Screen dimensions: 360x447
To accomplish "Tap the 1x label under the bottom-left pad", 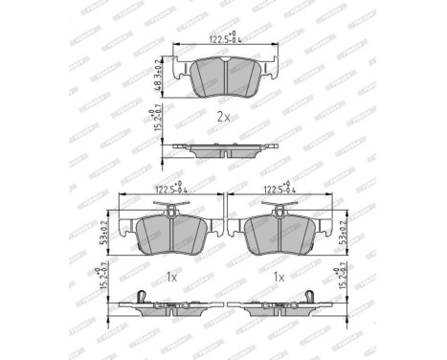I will (170, 277).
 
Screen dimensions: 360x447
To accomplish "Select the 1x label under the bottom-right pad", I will (279, 277).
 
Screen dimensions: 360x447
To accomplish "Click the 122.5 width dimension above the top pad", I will (224, 40).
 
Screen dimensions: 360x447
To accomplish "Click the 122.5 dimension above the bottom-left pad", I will (168, 190).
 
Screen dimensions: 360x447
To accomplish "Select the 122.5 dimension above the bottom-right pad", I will (279, 190).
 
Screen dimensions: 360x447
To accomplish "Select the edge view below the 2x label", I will (223, 149).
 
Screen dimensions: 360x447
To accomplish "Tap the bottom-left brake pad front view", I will (170, 232).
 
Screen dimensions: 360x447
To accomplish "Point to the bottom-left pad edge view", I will (169, 308).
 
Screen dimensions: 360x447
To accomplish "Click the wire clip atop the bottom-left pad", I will (170, 208).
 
